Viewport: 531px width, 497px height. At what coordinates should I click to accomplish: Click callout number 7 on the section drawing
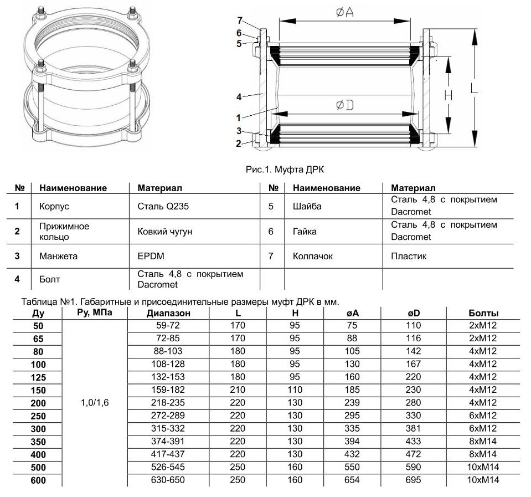tap(239, 22)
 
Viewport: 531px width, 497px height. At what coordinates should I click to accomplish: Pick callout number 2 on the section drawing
tap(239, 144)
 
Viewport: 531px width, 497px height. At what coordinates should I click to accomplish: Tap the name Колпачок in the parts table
tap(313, 257)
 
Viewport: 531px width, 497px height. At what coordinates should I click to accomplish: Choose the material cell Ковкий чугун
tap(165, 231)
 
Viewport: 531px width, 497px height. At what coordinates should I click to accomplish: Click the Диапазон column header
tap(169, 313)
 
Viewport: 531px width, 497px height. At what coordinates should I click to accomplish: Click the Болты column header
tap(483, 313)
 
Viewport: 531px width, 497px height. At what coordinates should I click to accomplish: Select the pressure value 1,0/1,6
tap(95, 403)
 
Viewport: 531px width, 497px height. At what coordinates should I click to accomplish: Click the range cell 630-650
tap(169, 480)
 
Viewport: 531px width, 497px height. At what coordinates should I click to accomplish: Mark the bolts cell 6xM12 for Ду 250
tap(483, 416)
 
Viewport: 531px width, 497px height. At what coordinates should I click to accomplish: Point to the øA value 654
tap(352, 480)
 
